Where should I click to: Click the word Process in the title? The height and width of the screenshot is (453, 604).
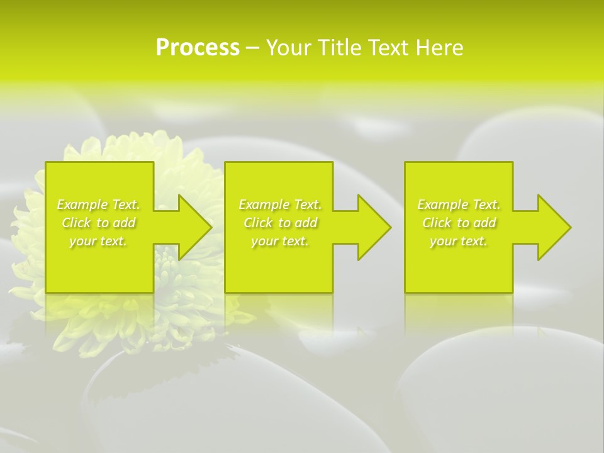(198, 48)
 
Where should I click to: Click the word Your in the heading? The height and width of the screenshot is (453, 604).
(289, 48)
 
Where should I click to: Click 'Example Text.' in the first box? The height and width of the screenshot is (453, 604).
(99, 204)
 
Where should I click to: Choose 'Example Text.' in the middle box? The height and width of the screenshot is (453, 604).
(280, 204)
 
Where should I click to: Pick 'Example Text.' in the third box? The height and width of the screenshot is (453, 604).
(459, 204)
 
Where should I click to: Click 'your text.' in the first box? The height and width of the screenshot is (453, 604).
(98, 241)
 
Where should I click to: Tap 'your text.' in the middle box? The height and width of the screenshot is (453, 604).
(280, 241)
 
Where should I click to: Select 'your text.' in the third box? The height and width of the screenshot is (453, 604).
(459, 241)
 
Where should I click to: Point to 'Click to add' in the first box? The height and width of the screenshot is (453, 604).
(99, 223)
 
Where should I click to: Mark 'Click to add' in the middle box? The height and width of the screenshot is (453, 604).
(280, 223)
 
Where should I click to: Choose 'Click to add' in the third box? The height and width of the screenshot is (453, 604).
(459, 223)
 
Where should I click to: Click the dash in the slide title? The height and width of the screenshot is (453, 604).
(252, 48)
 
